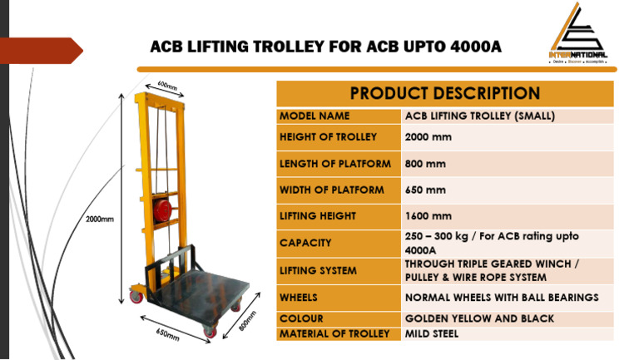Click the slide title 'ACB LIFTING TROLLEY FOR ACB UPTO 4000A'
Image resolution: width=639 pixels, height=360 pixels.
(325, 47)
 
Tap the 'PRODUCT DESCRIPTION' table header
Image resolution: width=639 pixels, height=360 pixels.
(444, 93)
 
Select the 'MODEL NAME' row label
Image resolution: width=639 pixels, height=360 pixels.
(315, 116)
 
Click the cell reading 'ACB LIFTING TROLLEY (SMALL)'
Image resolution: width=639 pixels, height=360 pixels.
(479, 116)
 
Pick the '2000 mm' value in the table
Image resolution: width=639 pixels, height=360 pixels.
(428, 137)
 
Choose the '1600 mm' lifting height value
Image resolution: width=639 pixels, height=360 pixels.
(428, 216)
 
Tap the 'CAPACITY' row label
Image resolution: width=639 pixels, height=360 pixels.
(305, 244)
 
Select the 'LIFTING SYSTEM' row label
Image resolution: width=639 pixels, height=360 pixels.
(318, 271)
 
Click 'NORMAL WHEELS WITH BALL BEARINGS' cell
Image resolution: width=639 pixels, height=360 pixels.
(502, 298)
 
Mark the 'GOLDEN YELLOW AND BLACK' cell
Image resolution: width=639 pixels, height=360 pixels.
(479, 318)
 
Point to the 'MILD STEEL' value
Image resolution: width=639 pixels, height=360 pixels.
(431, 334)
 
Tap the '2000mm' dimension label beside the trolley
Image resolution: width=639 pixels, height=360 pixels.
(100, 219)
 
